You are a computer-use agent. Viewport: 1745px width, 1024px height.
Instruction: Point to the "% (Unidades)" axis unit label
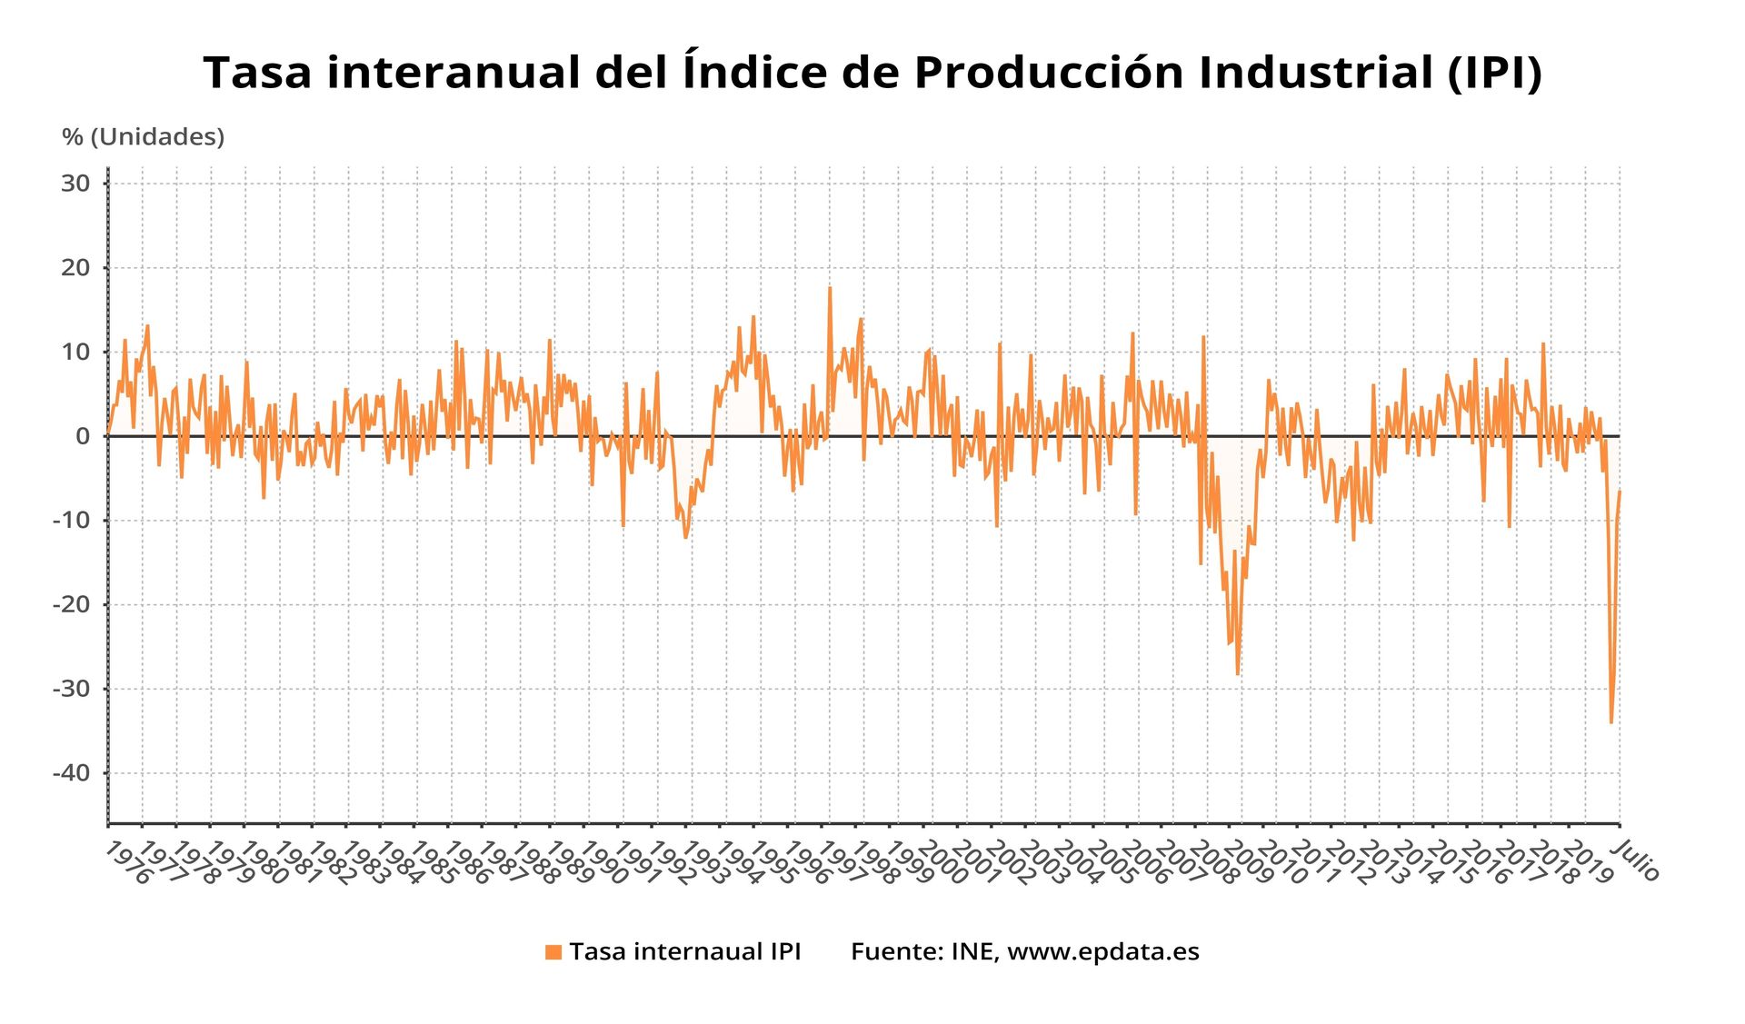143,137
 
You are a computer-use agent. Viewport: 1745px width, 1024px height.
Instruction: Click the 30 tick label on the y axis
75,184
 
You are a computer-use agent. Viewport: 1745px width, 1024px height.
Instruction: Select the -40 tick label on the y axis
72,773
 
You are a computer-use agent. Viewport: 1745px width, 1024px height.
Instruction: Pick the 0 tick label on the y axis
83,436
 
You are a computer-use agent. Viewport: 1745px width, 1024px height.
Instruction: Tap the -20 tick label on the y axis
72,604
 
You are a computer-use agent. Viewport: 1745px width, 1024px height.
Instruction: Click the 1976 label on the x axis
127,862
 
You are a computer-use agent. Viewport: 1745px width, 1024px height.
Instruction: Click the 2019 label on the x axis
1588,862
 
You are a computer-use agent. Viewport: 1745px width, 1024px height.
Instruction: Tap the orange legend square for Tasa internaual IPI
553,952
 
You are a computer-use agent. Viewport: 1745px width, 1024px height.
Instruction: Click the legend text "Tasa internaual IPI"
685,951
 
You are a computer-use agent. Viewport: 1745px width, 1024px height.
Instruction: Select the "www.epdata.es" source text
1103,951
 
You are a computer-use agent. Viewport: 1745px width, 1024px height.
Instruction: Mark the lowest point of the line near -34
1611,722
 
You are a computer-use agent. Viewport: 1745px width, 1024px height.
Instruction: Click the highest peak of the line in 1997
830,288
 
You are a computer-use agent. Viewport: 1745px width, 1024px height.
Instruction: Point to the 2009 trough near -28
1237,674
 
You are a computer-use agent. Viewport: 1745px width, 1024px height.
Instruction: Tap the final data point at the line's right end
1620,492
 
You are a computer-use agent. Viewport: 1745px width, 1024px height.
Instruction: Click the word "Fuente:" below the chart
896,951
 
